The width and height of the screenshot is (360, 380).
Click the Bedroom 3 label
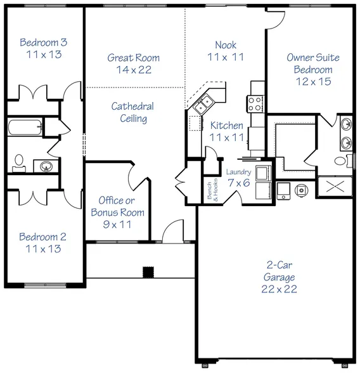coord(44,43)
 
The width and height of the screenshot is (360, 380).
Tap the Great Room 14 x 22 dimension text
coord(134,70)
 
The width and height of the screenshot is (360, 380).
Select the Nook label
coord(226,45)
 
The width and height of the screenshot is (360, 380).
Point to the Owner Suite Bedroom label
coord(313,63)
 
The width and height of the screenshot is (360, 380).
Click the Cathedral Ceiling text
coord(132,112)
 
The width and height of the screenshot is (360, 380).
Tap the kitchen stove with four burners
coord(255,104)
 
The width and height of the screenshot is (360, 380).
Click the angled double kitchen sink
coord(203,104)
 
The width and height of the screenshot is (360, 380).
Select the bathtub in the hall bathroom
coord(25,128)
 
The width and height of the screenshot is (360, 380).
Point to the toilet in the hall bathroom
coord(19,164)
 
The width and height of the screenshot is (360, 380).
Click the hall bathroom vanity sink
coord(46,166)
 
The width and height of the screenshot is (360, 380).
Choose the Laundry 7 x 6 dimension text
coord(239,183)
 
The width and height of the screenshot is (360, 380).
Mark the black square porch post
coord(148,272)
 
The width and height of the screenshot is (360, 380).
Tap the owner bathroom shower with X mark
coord(335,186)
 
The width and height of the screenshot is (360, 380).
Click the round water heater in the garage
coord(302,190)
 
